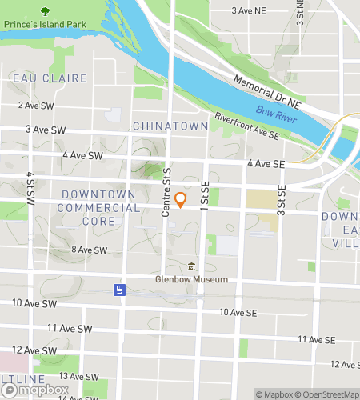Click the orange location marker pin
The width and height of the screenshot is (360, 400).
[181, 200]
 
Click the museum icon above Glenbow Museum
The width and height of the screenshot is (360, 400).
[191, 266]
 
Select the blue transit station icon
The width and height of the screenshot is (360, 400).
[118, 290]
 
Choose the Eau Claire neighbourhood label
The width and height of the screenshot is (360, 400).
[38, 77]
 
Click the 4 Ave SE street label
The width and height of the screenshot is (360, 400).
[266, 163]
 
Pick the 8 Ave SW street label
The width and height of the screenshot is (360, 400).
[89, 250]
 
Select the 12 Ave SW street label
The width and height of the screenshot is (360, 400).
[34, 350]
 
